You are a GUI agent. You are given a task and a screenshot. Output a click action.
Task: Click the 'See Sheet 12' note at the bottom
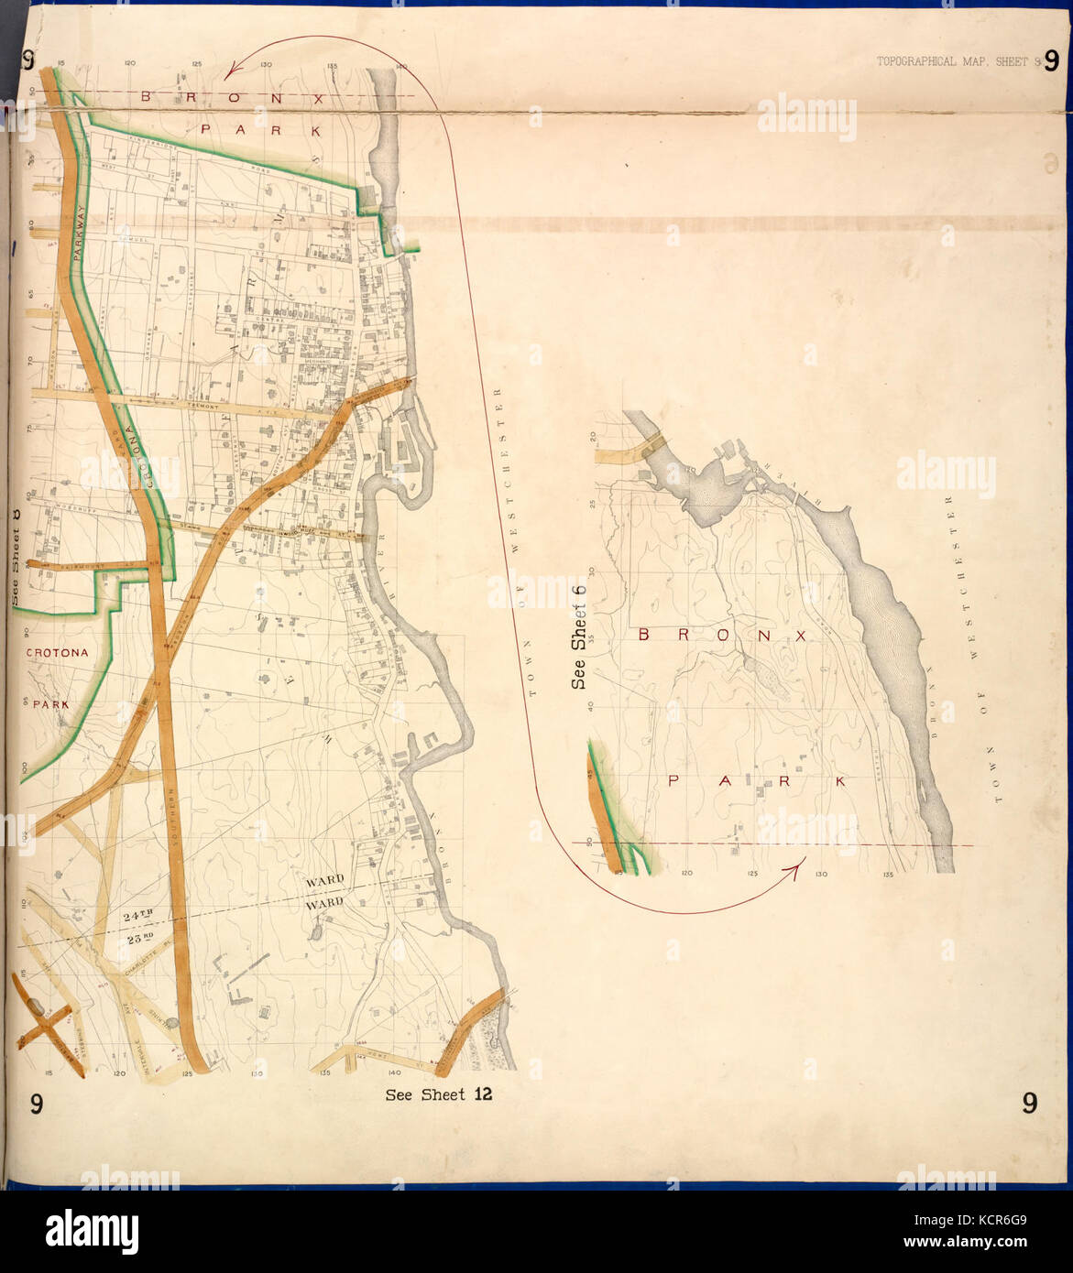pyautogui.click(x=439, y=1094)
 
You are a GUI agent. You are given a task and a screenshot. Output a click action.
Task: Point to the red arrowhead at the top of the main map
pyautogui.click(x=233, y=66)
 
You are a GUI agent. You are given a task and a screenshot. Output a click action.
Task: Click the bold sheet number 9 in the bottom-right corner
pyautogui.click(x=1030, y=1104)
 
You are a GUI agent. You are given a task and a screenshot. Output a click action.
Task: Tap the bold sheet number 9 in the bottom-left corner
pyautogui.click(x=34, y=1104)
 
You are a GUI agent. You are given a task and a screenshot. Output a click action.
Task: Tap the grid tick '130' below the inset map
pyautogui.click(x=821, y=875)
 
